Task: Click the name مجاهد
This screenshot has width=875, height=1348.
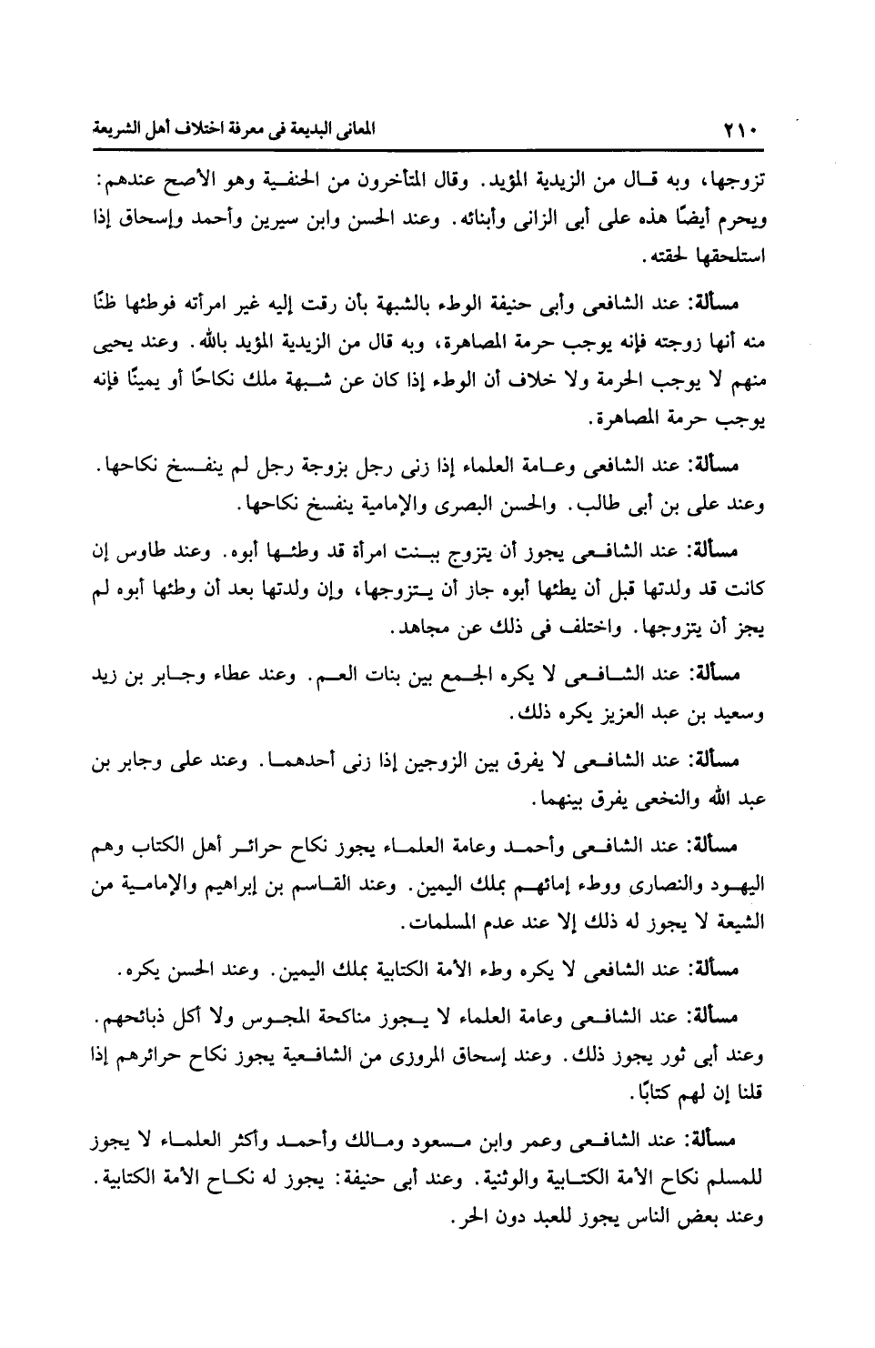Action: [420, 629]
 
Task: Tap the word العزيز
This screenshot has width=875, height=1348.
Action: [606, 714]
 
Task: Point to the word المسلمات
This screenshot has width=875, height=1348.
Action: [435, 923]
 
